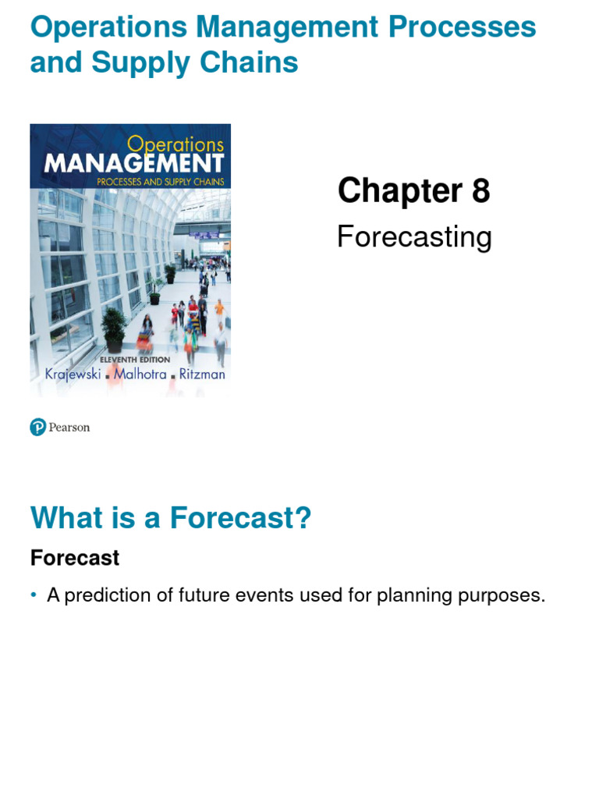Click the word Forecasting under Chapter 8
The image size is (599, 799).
[x=414, y=237]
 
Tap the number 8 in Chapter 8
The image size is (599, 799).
[x=480, y=190]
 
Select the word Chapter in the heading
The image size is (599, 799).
[x=400, y=190]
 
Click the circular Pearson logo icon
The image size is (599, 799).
[x=38, y=427]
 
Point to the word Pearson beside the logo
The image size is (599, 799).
[x=69, y=428]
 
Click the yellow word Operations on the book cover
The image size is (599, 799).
[x=175, y=144]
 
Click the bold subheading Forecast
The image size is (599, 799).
[x=75, y=558]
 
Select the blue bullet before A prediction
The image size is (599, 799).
[x=34, y=595]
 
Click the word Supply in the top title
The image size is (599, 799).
[x=133, y=63]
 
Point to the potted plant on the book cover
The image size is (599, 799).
[x=114, y=328]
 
